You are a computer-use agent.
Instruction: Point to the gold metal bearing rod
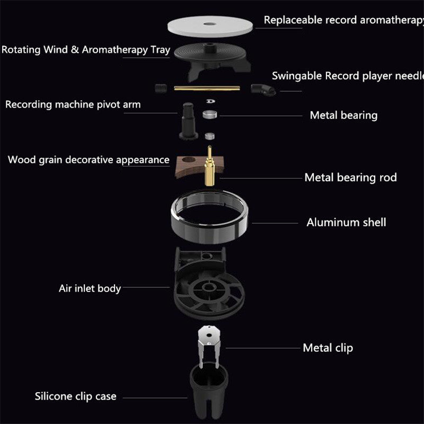(210, 164)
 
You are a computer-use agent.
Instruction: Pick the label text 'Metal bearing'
(343, 115)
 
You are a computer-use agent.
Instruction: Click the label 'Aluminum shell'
(346, 222)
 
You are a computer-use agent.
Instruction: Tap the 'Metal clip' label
(328, 348)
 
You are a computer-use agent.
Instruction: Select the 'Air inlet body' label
(90, 289)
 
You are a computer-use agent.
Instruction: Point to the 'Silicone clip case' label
(75, 396)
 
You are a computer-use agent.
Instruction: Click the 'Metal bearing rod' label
(350, 177)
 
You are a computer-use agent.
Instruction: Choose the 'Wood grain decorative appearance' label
(89, 160)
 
